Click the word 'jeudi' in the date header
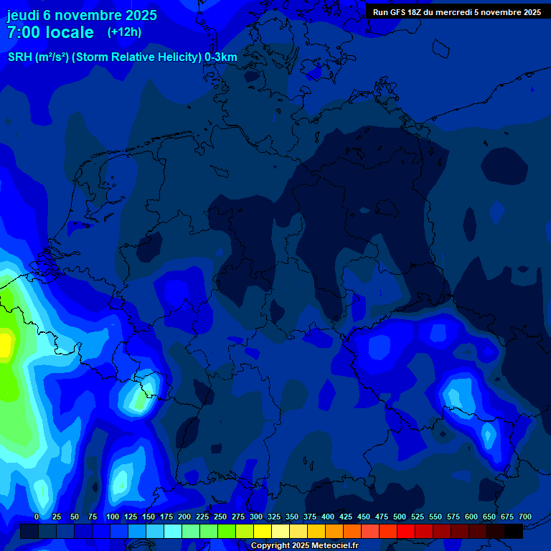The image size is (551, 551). tap(23, 14)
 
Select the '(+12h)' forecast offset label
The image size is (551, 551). tap(124, 32)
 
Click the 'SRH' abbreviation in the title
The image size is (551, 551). tap(20, 57)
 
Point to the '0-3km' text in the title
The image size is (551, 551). tap(221, 57)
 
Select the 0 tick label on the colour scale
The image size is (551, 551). tap(37, 517)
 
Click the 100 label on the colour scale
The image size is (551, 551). tap(113, 517)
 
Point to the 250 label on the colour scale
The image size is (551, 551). tap(220, 517)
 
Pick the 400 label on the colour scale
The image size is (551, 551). tap(328, 517)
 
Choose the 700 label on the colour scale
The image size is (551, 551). tap(525, 517)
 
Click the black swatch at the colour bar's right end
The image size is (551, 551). tap(514, 531)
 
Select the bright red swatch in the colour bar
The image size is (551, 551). tap(406, 531)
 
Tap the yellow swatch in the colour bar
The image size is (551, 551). tap(263, 531)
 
